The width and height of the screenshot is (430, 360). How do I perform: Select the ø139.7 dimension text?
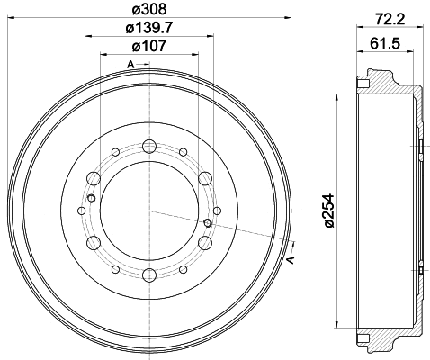pyautogui.click(x=149, y=30)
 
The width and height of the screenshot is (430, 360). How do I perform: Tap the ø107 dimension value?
pyautogui.click(x=149, y=46)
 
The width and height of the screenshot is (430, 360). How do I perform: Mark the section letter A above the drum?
pyautogui.click(x=130, y=64)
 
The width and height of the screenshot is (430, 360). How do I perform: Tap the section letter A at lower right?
pyautogui.click(x=290, y=260)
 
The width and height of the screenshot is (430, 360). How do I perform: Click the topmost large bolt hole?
pyautogui.click(x=149, y=145)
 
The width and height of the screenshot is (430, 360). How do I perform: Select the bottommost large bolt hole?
pyautogui.click(x=149, y=275)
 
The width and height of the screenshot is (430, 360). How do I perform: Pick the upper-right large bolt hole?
pyautogui.click(x=205, y=177)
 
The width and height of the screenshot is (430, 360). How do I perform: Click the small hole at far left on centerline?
pyautogui.click(x=81, y=211)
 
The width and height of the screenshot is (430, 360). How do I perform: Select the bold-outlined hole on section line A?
pyautogui.click(x=209, y=222)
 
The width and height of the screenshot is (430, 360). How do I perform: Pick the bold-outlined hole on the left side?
pyautogui.click(x=91, y=198)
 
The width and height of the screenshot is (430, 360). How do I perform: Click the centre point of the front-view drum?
pyautogui.click(x=149, y=211)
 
